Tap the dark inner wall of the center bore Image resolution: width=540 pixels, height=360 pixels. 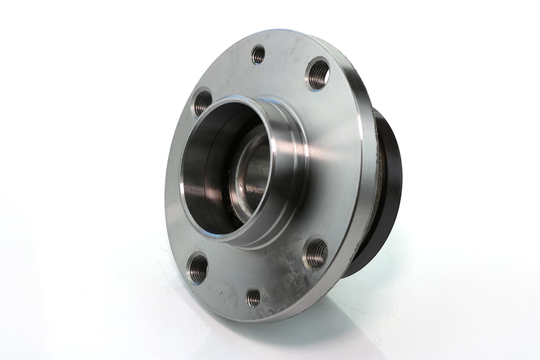[202, 173]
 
